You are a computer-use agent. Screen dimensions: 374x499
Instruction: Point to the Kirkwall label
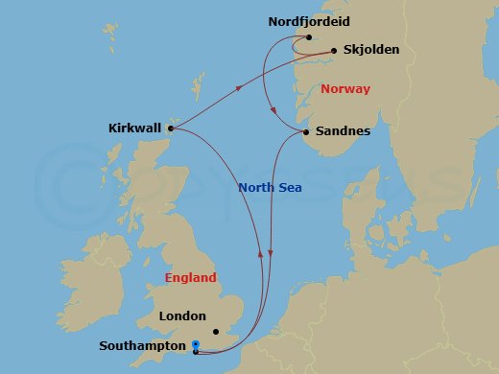pos(135,126)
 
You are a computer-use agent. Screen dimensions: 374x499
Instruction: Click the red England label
pos(190,278)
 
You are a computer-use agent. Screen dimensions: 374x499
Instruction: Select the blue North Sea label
pos(270,189)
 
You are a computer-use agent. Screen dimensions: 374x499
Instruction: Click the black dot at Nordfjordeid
pos(308,38)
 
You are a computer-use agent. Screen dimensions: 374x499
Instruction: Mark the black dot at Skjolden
pos(334,50)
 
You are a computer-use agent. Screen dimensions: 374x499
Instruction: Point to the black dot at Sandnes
pos(305,131)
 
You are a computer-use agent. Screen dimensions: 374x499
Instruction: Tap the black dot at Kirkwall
pos(171,126)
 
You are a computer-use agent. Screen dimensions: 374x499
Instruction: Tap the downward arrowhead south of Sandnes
pos(272,254)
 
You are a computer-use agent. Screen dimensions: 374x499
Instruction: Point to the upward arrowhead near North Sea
pos(259,252)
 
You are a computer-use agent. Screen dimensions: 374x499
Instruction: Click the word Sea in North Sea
pos(291,189)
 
